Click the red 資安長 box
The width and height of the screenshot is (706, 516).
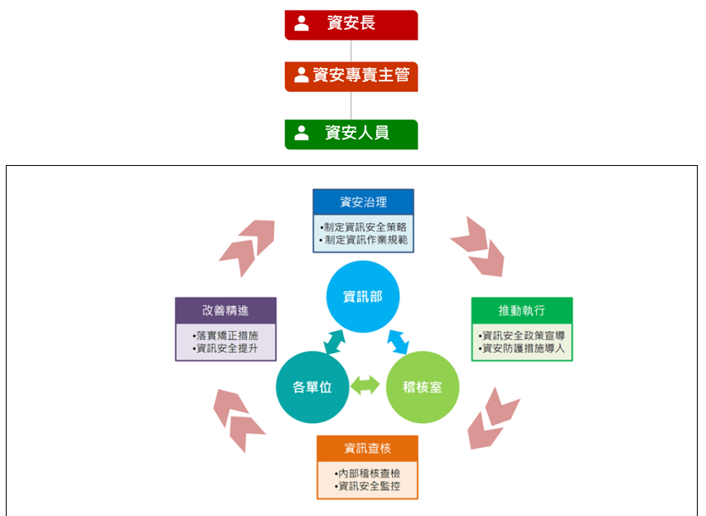point(351,24)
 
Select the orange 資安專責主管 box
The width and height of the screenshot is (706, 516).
point(351,76)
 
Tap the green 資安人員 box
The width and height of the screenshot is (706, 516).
point(351,134)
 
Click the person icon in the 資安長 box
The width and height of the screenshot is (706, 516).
point(302,23)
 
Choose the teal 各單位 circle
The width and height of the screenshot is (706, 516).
point(312,387)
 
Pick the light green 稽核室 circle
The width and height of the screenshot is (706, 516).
point(422,387)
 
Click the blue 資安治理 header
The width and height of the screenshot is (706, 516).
point(363,202)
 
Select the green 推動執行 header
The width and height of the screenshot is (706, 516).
point(521,310)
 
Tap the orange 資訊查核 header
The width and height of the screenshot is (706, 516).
point(367,449)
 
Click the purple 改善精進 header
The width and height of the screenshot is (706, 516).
point(225,310)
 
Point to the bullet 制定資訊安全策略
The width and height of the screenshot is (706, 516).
point(364,226)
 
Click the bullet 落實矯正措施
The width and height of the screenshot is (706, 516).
point(225,335)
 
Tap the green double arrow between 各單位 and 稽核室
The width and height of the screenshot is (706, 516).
point(365,385)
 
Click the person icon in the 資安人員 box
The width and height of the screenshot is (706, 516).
point(302,133)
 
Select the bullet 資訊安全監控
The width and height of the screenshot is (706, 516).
point(367,486)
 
